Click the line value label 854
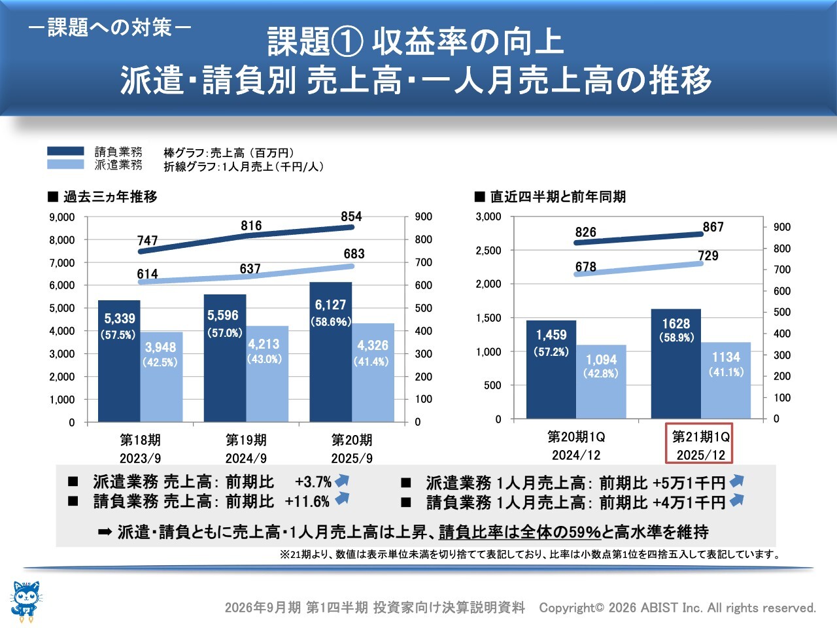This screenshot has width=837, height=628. pos(351,217)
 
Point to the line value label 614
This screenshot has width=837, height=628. pos(147,274)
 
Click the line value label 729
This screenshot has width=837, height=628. pos(708,256)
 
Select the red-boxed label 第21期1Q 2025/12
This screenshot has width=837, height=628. pos(701,445)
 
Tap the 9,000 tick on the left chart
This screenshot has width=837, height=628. pos(62,217)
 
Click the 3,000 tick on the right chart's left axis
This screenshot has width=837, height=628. pos(488,217)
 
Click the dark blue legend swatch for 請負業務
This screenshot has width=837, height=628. pos(65,151)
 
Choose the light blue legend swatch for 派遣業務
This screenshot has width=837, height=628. pos(65,165)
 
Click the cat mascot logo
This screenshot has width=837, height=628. pos(26,599)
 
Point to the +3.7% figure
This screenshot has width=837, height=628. pos(313,482)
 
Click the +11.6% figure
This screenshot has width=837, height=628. pos(307,502)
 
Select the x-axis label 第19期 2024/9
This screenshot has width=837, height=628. pos(246,448)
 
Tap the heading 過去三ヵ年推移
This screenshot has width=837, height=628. pos(110,196)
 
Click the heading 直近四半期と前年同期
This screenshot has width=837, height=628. pos(557,196)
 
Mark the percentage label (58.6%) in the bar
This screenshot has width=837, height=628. pos(331,322)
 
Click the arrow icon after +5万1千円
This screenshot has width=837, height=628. pos(737,481)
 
